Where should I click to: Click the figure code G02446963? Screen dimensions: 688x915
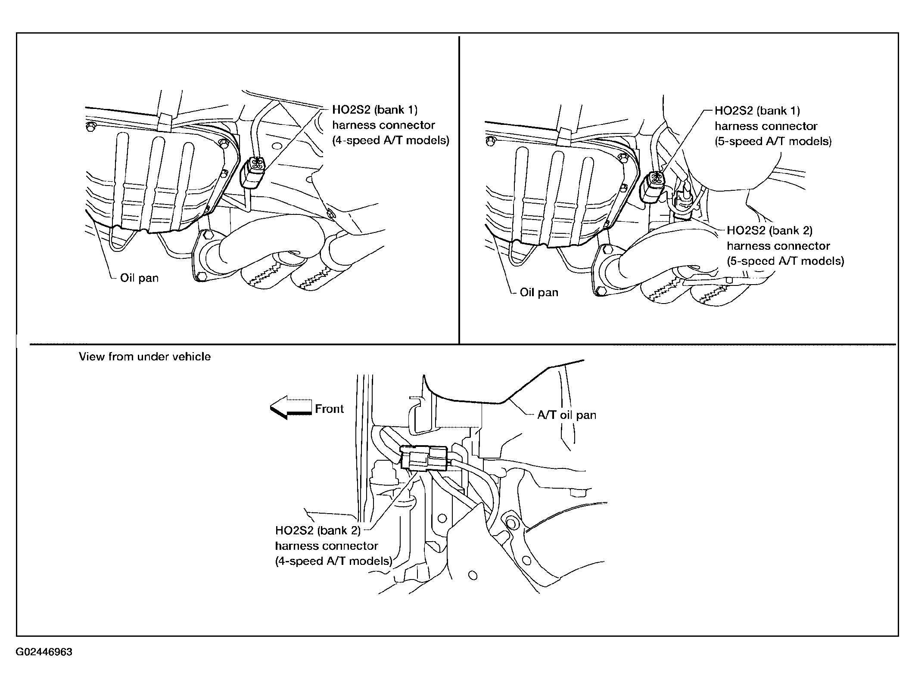click(44, 652)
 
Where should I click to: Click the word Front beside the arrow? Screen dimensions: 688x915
click(329, 409)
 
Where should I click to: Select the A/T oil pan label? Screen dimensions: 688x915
click(566, 415)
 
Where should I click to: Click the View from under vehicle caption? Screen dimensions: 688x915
click(145, 356)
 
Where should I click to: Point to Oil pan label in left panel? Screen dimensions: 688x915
click(139, 278)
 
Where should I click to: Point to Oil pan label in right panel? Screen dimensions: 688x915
click(539, 293)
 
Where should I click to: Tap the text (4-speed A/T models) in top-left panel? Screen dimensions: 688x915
click(390, 140)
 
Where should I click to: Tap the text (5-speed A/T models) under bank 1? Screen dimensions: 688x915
click(773, 141)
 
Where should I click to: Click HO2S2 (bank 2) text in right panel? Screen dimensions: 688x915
click(769, 230)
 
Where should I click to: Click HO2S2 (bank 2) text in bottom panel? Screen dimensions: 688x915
click(318, 530)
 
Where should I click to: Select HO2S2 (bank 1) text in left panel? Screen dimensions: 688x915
click(375, 110)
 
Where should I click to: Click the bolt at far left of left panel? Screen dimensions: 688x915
click(90, 127)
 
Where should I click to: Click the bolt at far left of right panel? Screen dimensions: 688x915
click(490, 141)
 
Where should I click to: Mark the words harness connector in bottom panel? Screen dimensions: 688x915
click(326, 546)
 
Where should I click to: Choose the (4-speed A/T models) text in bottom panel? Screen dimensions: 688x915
click(333, 561)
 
